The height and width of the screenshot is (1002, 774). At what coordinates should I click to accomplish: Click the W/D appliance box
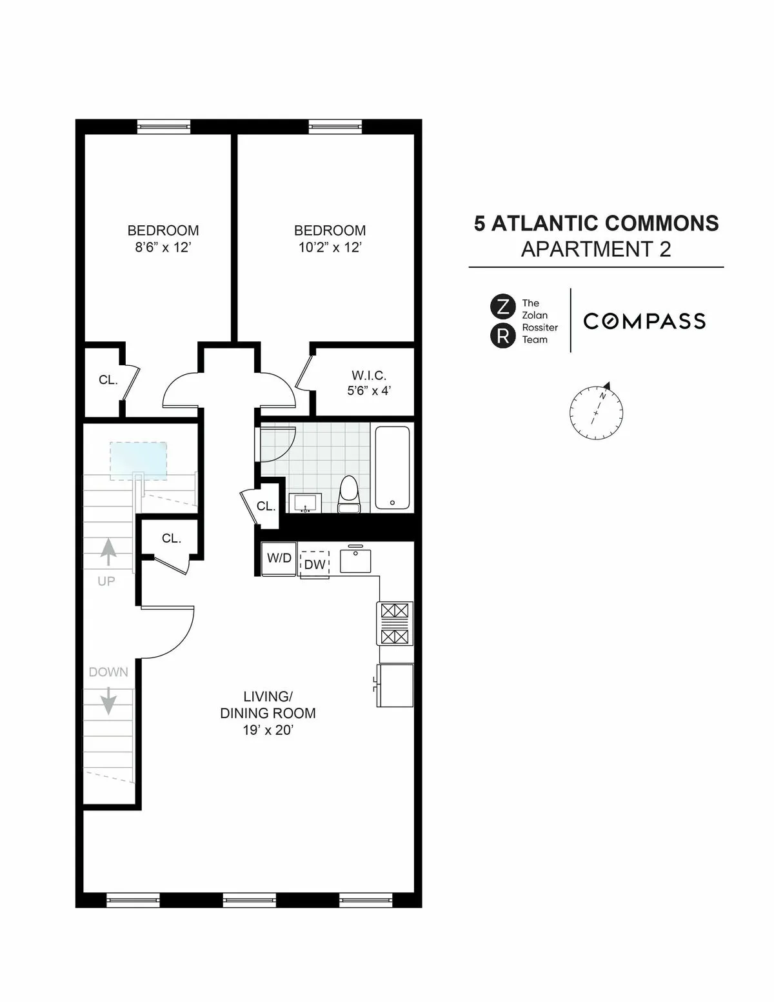tap(279, 558)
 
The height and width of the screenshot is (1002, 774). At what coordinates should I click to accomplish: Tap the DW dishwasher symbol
tap(315, 564)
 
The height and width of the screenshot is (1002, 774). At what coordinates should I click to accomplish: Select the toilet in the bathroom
tap(349, 494)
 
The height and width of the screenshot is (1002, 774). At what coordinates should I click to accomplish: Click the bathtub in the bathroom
tap(392, 468)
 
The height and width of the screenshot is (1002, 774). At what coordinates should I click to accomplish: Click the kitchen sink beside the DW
tap(355, 559)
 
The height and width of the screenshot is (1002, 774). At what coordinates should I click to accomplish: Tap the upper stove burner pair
tap(395, 611)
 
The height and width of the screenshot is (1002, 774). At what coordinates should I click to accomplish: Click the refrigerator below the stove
tap(395, 685)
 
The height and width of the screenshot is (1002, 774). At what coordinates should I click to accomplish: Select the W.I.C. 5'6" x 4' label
tap(369, 383)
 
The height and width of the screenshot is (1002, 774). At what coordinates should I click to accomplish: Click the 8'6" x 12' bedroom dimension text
tap(163, 248)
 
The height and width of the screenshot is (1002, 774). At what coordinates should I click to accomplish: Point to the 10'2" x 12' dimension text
tap(330, 248)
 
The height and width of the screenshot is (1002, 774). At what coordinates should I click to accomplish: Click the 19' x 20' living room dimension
tap(268, 730)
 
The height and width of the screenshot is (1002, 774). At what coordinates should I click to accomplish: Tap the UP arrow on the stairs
tap(108, 553)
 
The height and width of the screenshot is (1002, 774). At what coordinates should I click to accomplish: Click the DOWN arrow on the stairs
tap(108, 700)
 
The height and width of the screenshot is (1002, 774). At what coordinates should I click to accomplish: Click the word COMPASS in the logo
tap(644, 321)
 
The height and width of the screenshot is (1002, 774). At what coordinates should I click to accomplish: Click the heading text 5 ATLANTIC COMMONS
tap(596, 223)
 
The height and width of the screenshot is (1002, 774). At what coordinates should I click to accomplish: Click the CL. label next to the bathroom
tap(266, 506)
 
